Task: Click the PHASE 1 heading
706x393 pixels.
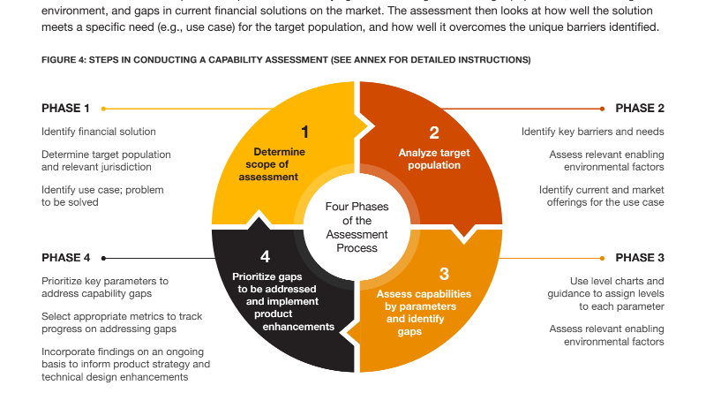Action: tap(65, 108)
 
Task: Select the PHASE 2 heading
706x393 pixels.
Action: tap(640, 108)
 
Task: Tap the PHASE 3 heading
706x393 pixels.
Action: tap(640, 258)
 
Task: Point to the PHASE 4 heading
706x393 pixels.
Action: tap(65, 258)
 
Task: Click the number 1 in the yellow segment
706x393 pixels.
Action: tap(304, 132)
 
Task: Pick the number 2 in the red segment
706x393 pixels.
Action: tap(434, 132)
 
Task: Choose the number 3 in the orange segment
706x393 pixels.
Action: tap(444, 274)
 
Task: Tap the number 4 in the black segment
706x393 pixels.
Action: tap(266, 256)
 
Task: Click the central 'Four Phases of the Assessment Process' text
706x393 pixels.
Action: tap(357, 227)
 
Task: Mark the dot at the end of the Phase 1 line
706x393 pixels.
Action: tap(103, 109)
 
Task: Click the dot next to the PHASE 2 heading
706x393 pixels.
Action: tap(603, 109)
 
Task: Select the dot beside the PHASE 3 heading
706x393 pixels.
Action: tap(603, 258)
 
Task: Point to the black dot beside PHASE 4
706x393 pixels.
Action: tap(103, 258)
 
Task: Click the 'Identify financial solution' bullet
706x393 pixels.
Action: tap(99, 132)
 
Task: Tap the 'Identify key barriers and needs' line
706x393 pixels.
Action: tap(592, 132)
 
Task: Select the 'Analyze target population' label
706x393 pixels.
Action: tap(434, 159)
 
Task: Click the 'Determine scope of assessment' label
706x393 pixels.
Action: tap(272, 164)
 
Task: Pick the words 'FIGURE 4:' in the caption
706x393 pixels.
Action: tap(64, 60)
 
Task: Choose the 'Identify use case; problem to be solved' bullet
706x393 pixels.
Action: tap(102, 196)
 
